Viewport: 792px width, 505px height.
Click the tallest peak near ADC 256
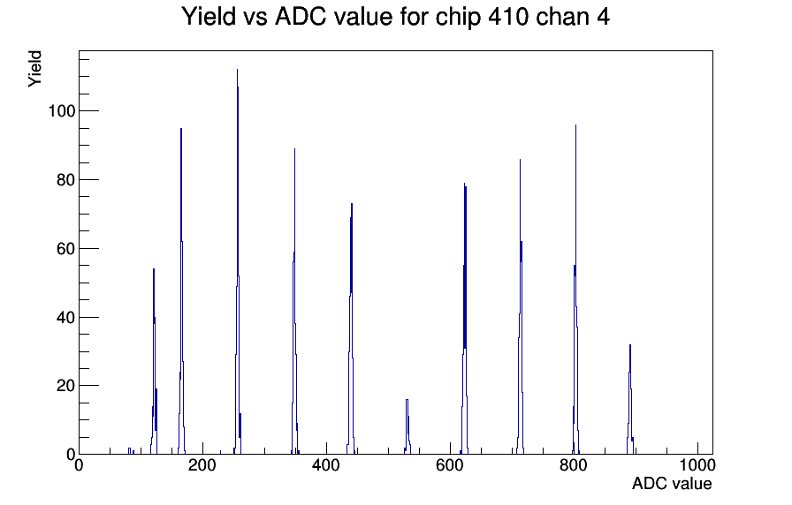[238, 70]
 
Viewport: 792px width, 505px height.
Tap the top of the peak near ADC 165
[181, 129]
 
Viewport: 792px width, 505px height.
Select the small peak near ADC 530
[407, 400]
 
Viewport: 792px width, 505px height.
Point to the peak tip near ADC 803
[575, 125]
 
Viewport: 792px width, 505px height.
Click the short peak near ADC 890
[630, 345]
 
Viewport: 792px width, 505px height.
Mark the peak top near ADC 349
[294, 149]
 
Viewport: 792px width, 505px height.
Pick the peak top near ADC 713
[520, 160]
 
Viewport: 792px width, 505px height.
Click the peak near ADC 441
[351, 204]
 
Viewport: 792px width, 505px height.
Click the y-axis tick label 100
[61, 111]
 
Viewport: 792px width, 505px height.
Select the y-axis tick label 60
[65, 249]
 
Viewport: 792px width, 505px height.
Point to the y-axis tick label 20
[65, 386]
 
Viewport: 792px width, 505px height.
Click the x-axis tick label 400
[326, 465]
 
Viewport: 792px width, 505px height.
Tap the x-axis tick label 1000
[697, 465]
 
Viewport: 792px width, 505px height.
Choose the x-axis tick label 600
[450, 465]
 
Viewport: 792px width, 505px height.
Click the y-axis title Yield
[34, 69]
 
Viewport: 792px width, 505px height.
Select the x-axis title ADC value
[672, 483]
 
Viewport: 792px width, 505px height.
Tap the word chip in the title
[457, 17]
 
